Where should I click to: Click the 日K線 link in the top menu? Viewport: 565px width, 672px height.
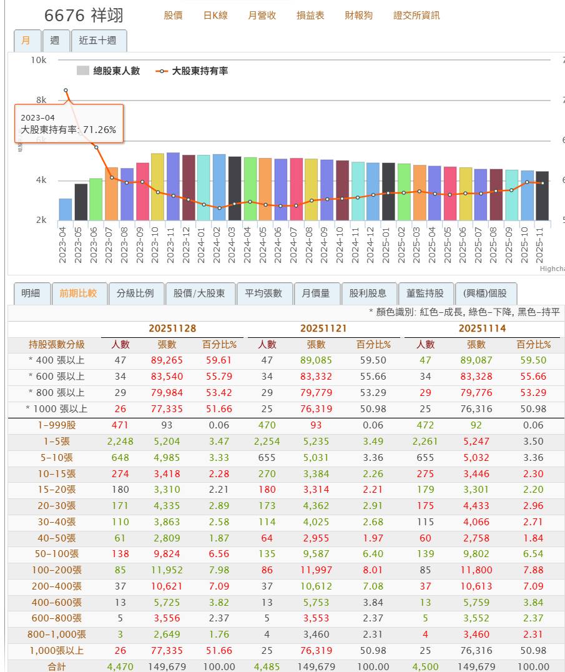click(x=215, y=15)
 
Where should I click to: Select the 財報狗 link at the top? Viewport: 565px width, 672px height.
click(x=358, y=15)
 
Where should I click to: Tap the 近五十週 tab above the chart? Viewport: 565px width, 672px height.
click(x=98, y=41)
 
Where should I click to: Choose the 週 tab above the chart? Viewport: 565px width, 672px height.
click(x=55, y=41)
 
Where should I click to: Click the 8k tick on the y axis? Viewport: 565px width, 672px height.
click(x=41, y=100)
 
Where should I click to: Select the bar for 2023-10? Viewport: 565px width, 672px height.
click(x=157, y=187)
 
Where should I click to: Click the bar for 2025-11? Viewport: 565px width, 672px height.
click(x=542, y=195)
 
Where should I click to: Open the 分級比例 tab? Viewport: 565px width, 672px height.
click(x=135, y=293)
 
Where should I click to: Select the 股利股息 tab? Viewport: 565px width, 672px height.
click(x=368, y=293)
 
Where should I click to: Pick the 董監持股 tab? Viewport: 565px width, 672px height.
click(x=425, y=293)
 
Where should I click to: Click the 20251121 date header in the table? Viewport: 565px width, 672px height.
click(x=323, y=328)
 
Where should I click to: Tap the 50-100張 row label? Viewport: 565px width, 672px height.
click(x=56, y=553)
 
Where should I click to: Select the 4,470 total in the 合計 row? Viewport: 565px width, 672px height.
click(x=120, y=666)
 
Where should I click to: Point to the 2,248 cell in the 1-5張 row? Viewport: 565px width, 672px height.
click(x=120, y=441)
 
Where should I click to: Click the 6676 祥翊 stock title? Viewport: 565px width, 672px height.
click(x=84, y=15)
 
